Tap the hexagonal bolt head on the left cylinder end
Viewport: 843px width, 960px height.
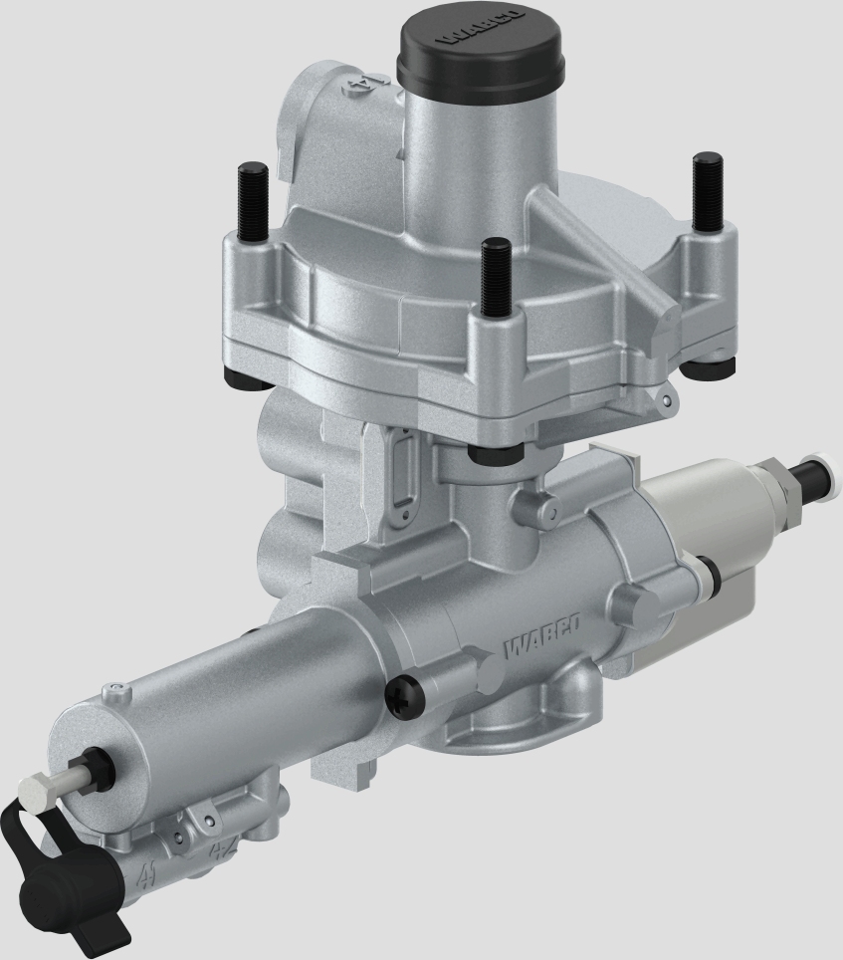click(x=37, y=794)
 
